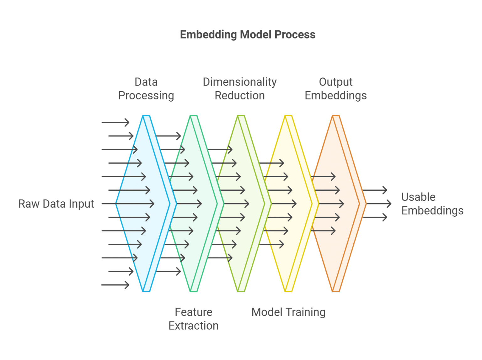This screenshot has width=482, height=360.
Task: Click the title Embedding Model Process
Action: click(248, 34)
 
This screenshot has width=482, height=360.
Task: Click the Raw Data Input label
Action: click(56, 204)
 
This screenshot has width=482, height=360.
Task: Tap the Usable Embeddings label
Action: click(432, 204)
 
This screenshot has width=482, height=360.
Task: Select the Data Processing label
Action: click(146, 89)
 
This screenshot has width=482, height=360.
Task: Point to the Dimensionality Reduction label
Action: click(240, 89)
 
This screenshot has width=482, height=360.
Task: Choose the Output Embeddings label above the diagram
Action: click(335, 89)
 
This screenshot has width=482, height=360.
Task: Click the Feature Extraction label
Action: click(193, 319)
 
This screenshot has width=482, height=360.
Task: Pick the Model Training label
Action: click(288, 312)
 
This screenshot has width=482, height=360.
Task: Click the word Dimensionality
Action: click(240, 82)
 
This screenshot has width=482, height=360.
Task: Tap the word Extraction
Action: click(193, 326)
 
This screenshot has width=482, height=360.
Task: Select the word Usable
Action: click(418, 197)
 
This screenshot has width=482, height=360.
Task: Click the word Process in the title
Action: click(295, 34)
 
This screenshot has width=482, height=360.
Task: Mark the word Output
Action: click(335, 82)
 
